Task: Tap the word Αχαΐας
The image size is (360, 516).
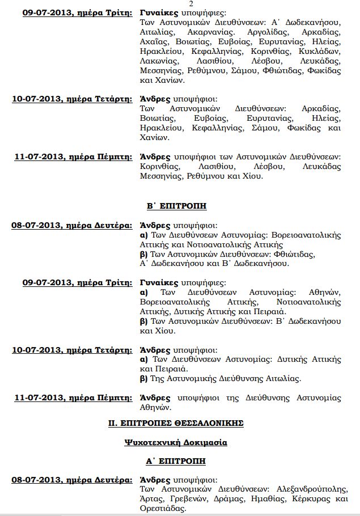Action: (153, 43)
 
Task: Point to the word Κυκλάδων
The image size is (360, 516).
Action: (323, 52)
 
